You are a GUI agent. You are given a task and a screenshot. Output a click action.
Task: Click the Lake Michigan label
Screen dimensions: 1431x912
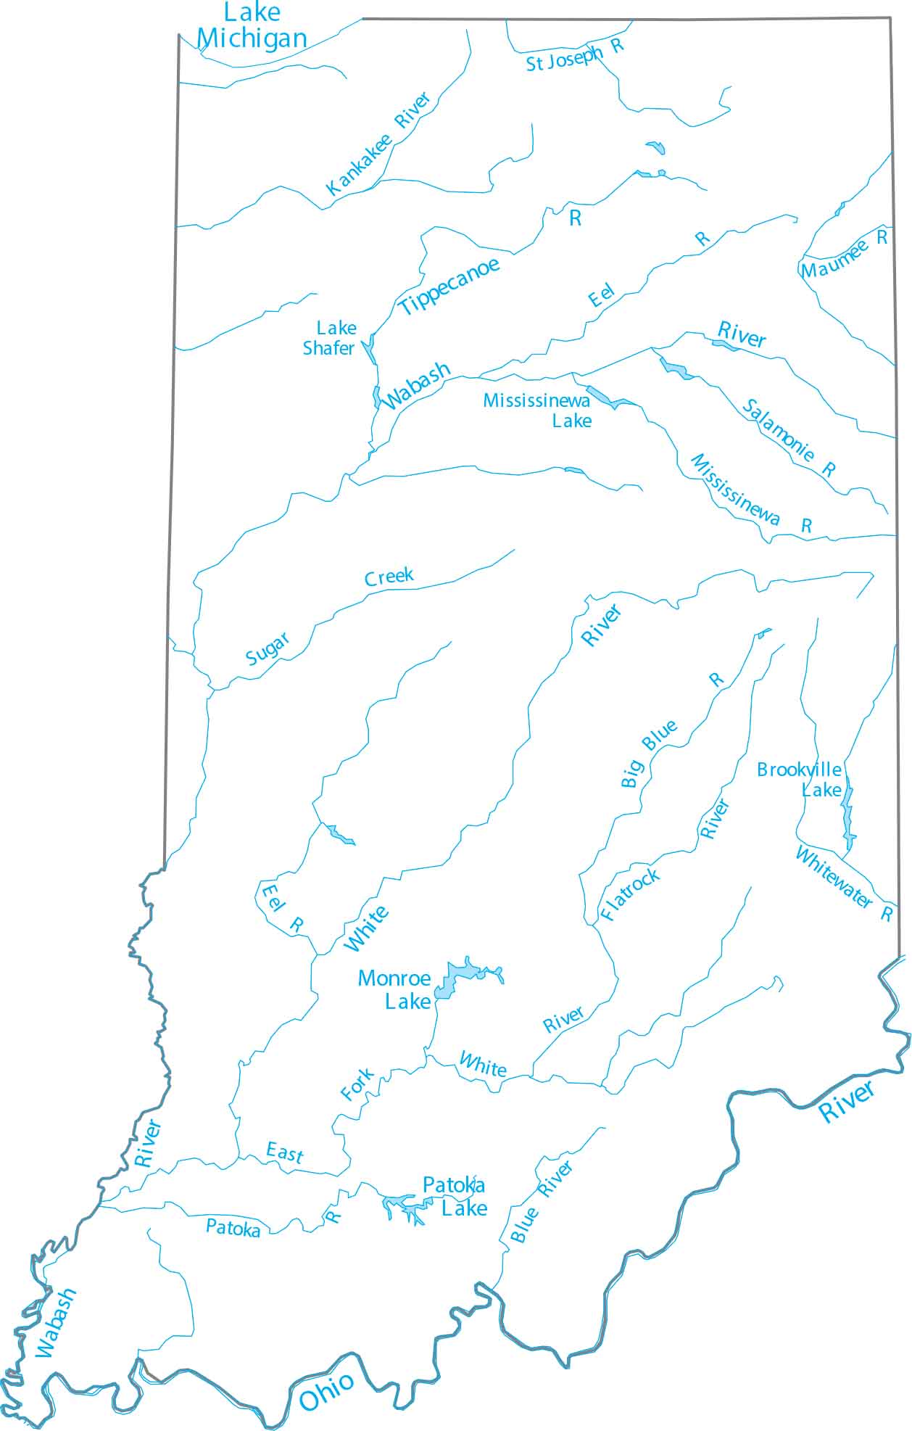[x=252, y=26]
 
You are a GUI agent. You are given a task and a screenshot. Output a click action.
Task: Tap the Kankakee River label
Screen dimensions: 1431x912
[x=378, y=144]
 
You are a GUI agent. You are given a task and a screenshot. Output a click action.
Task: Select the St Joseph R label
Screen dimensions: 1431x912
[x=574, y=55]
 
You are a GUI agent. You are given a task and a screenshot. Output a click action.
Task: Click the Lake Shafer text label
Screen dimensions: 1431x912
[x=330, y=338]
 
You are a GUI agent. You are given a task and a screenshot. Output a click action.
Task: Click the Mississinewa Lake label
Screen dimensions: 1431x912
[x=538, y=411]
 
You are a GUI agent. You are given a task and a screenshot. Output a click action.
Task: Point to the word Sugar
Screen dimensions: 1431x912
[x=268, y=648]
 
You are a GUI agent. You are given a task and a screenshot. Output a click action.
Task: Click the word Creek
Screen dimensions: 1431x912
[x=389, y=577]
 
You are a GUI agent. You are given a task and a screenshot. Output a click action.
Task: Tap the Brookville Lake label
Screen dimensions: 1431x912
[x=800, y=779]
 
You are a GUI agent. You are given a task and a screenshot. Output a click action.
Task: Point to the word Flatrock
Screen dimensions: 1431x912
[x=630, y=894]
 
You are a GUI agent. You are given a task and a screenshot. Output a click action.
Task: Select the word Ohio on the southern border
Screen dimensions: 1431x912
[x=327, y=1391]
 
